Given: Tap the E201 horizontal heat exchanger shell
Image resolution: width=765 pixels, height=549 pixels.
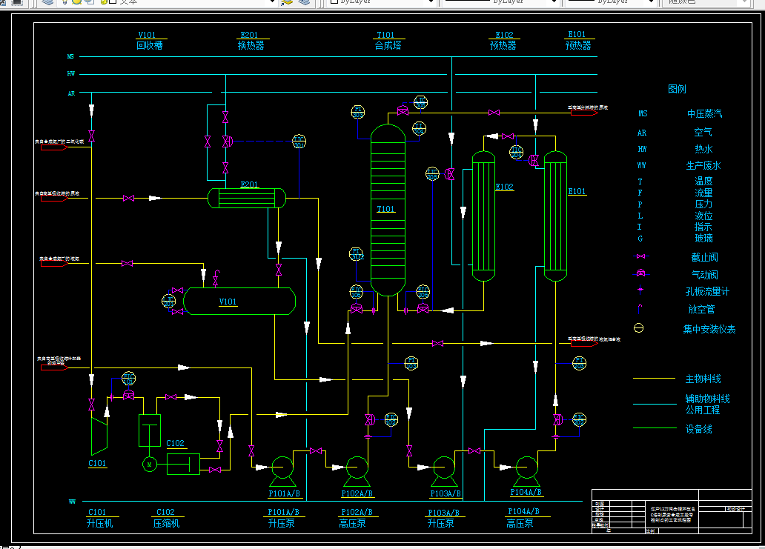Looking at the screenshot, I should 247,198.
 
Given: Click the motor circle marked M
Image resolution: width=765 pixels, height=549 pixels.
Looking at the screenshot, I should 149,464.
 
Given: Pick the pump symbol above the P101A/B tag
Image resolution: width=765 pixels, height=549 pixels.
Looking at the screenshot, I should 282,468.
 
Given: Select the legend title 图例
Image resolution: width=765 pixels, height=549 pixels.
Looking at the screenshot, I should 677,89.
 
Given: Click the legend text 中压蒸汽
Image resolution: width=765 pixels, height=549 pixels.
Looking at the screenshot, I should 703,114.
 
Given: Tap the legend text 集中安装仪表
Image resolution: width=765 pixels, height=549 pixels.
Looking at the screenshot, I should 709,329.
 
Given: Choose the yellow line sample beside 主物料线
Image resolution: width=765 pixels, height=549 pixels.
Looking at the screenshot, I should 653,379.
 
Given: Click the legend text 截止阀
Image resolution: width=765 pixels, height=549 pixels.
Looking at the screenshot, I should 703,258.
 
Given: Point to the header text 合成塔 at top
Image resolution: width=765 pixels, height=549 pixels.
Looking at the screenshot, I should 388,46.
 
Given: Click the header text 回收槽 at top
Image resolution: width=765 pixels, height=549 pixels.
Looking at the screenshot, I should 149,46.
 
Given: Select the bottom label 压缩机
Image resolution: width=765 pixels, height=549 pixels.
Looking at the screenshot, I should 166,523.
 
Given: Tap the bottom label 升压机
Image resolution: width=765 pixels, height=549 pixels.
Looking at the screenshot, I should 99,523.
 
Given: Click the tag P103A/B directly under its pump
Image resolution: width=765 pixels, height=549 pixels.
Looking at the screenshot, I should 445,493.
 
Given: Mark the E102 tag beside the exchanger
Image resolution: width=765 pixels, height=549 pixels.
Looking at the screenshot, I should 504,187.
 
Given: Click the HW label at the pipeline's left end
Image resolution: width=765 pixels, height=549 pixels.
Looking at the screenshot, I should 71,74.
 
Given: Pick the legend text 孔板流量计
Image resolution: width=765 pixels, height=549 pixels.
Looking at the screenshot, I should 707,292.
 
